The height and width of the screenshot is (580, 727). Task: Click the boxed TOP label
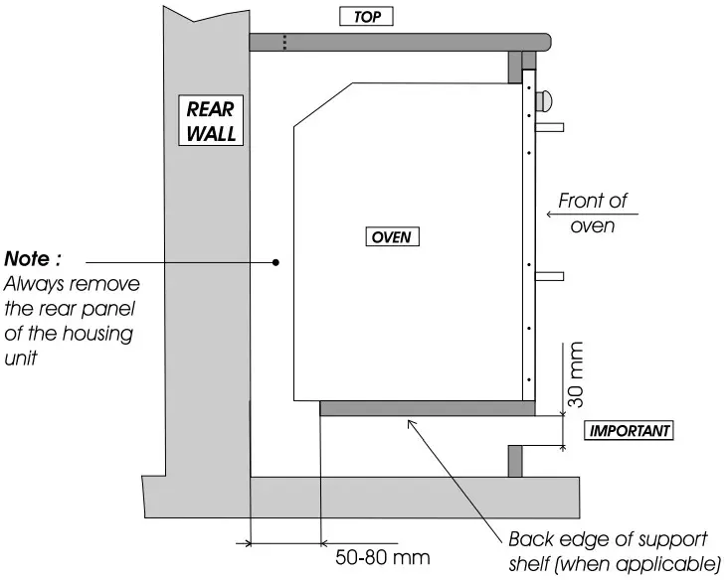pyautogui.click(x=367, y=17)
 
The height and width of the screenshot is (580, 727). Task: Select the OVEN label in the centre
pyautogui.click(x=392, y=237)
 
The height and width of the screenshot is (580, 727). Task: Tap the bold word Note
pyautogui.click(x=32, y=259)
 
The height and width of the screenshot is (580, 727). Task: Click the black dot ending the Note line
pyautogui.click(x=275, y=262)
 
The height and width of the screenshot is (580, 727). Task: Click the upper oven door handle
pyautogui.click(x=550, y=127)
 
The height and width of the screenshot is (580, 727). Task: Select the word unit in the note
pyautogui.click(x=21, y=359)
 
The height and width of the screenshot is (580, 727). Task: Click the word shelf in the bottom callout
pyautogui.click(x=528, y=566)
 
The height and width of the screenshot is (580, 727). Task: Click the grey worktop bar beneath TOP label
pyautogui.click(x=398, y=42)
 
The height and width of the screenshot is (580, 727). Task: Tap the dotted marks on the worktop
pyautogui.click(x=285, y=42)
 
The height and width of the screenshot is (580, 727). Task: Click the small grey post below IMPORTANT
pyautogui.click(x=515, y=461)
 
